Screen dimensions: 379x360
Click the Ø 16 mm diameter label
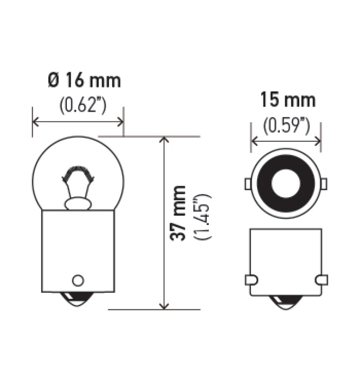pos(84,81)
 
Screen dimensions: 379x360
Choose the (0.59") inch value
pos(287,126)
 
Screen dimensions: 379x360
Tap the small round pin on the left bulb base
pos(78,280)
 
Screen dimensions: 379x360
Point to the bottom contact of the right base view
pos(286,302)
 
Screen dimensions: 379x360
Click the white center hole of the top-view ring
pos(286,183)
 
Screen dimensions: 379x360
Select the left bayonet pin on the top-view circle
pos(247,183)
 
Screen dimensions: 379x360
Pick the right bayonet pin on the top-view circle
pos(325,183)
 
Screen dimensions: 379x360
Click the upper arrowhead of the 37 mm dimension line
pos(164,141)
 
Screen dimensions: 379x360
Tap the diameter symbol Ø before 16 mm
pos(52,81)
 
